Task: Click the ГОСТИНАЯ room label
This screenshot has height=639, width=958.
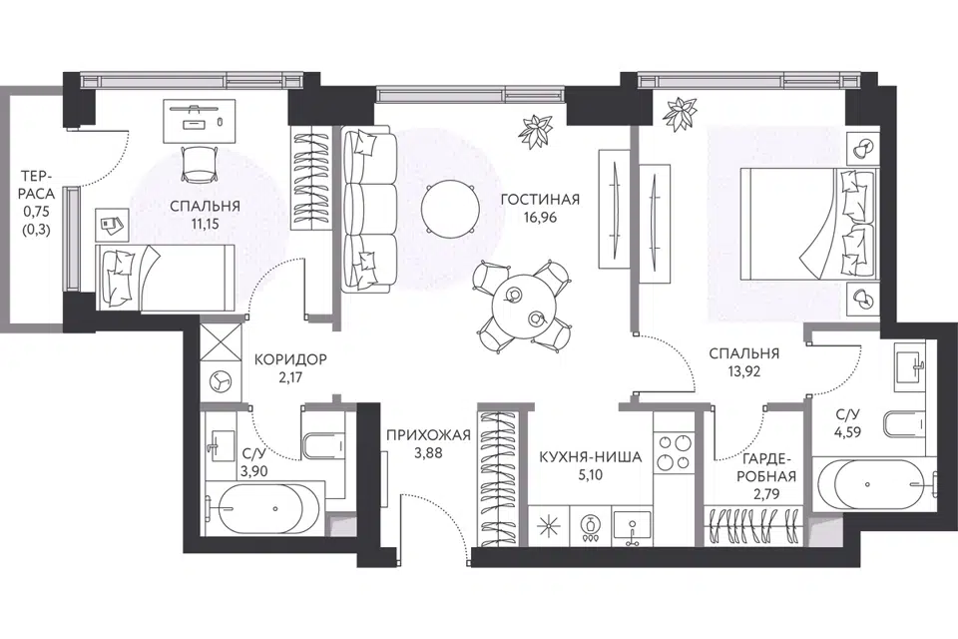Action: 540,200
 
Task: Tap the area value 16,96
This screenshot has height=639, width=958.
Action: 540,217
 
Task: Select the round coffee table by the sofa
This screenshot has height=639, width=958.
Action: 451,209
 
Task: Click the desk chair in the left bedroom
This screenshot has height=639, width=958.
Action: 200,163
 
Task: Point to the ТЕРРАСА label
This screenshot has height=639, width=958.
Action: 38,185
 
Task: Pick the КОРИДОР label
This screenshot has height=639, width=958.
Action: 290,359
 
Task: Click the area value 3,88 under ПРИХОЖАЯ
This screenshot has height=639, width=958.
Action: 428,453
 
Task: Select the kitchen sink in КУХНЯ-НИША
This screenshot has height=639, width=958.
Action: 633,526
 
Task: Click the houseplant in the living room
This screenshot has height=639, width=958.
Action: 536,131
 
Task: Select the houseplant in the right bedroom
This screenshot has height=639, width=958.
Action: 680,115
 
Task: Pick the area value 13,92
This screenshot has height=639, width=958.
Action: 743,371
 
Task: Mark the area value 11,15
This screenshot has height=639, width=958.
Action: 205,224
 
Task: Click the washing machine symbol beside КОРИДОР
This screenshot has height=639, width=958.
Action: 220,382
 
